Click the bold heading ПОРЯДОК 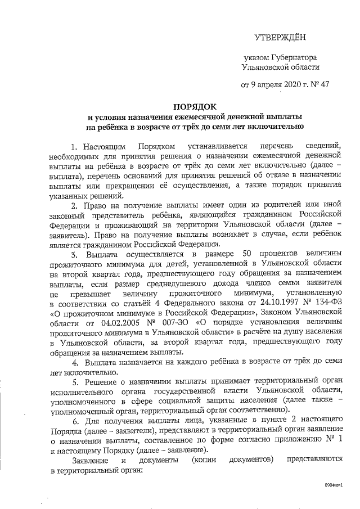pyautogui.click(x=195, y=106)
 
